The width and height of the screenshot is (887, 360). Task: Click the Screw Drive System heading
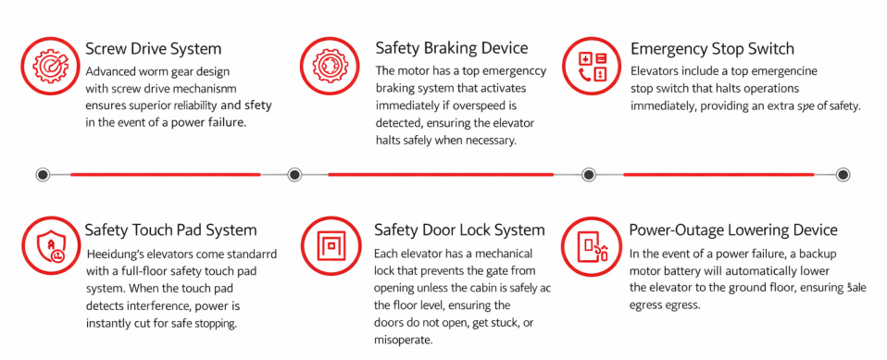154,49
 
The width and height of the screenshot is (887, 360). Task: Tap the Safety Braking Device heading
452,48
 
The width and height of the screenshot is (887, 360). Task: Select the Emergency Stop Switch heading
712,49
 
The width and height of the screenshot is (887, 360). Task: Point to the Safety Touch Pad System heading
171,230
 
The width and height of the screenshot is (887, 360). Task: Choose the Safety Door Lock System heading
459,230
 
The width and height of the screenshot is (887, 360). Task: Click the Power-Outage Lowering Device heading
733,230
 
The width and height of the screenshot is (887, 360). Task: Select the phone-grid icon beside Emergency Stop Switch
592,66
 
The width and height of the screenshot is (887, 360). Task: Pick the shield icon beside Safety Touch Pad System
50,247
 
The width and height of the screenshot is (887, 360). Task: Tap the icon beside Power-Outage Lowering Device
592,245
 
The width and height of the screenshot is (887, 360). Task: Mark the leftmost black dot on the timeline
43,175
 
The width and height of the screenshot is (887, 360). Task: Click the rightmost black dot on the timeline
843,175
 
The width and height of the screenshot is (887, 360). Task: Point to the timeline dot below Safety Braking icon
294,175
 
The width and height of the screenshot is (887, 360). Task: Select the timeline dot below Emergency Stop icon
589,175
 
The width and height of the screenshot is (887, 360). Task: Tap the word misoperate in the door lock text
404,341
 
